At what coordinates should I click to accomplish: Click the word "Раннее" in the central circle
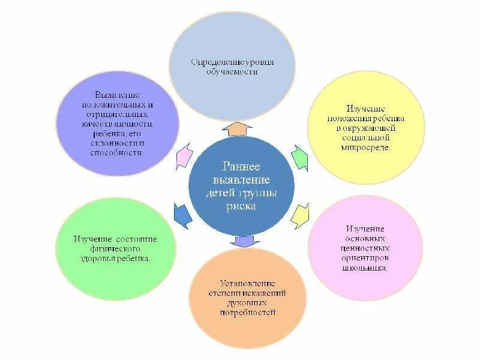pyautogui.click(x=241, y=166)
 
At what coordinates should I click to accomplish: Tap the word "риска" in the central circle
pyautogui.click(x=241, y=206)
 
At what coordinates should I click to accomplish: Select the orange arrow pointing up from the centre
pyautogui.click(x=241, y=129)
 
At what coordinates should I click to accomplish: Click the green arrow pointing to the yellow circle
pyautogui.click(x=299, y=157)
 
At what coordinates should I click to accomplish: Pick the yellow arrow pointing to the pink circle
pyautogui.click(x=300, y=215)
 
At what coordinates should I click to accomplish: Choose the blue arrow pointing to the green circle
pyautogui.click(x=182, y=215)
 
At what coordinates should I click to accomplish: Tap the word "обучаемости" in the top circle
pyautogui.click(x=232, y=72)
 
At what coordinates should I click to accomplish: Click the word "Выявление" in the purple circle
pyautogui.click(x=118, y=95)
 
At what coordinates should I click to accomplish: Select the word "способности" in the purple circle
pyautogui.click(x=118, y=153)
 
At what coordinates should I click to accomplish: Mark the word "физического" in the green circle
pyautogui.click(x=116, y=248)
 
